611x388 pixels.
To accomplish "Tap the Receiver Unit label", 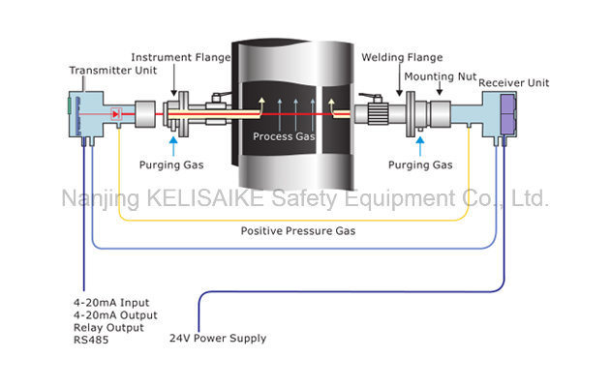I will pos(514,83).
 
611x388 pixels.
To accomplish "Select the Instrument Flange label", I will pos(181,57).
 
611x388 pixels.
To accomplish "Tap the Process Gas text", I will pos(285,136).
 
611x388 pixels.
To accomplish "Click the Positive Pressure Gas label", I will pos(296,231).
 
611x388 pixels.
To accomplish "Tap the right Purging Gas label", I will pos(419,165).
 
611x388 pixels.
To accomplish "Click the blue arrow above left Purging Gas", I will pos(173,144).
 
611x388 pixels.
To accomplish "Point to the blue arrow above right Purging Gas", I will pos(419,145).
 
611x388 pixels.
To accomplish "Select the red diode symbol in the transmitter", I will pos(116,114).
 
